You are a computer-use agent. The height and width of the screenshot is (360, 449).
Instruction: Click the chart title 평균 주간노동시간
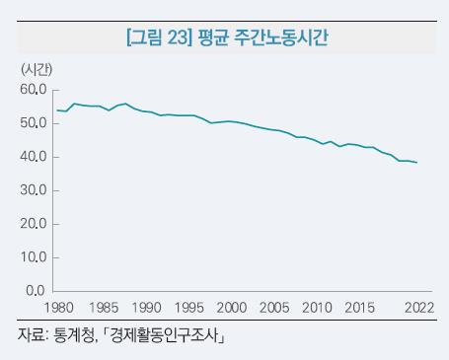tap(262, 38)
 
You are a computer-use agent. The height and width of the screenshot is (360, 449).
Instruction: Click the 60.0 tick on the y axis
tap(33, 90)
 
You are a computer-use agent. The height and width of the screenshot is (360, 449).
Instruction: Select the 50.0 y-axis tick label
tap(33, 123)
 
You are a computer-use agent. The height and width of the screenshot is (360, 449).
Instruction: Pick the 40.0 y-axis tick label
tap(33, 157)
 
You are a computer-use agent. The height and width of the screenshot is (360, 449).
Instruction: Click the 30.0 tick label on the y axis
tap(33, 190)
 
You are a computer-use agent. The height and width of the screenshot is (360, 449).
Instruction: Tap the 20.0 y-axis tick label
tap(33, 224)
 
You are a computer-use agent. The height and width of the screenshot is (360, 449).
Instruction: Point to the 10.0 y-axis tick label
tap(33, 257)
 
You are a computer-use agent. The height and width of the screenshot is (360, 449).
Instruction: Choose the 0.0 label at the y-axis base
tap(36, 291)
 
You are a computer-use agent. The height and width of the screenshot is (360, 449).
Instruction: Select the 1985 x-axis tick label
tap(103, 308)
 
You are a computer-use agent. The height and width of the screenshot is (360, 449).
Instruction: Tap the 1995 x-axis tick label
tap(189, 308)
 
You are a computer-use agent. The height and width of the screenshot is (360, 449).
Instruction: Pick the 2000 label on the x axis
tap(232, 308)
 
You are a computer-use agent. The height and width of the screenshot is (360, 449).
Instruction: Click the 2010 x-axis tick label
tap(318, 308)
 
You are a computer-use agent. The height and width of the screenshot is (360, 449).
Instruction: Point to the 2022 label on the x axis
tap(415, 308)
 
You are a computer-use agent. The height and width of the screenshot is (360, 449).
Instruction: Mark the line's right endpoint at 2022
tap(417, 163)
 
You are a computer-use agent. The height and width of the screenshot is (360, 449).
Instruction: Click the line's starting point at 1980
tap(58, 110)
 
